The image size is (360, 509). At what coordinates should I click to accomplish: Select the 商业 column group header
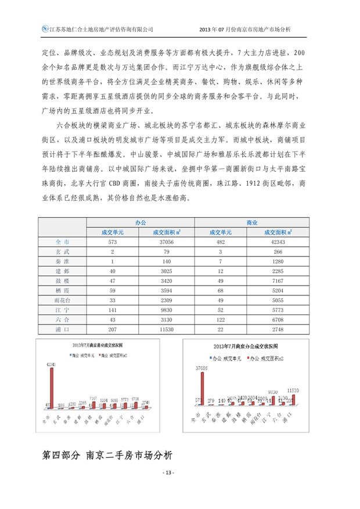pos(252,222)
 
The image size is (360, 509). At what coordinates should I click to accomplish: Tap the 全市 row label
pos(62,241)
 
